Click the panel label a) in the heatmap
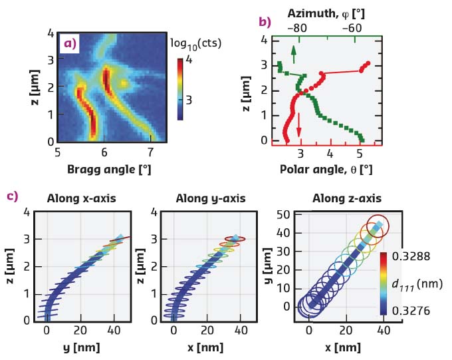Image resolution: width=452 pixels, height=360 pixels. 70,44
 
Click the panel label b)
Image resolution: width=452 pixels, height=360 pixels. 265,22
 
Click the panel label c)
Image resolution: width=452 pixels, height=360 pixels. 12,196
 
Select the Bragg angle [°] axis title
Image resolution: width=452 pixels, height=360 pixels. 108,169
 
